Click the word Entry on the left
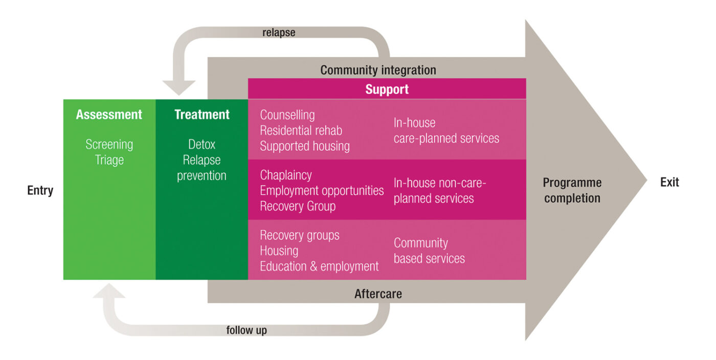[40, 191]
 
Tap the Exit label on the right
[669, 183]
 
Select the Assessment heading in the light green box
[109, 115]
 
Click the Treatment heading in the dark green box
[202, 115]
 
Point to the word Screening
[109, 145]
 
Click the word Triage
[109, 160]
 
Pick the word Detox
[202, 145]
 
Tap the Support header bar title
[387, 89]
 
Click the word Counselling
[287, 115]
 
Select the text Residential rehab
[301, 130]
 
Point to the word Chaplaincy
[285, 175]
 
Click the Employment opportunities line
[322, 191]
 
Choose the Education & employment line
[319, 266]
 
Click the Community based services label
[429, 251]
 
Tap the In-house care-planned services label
[446, 130]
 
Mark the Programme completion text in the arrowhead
[572, 190]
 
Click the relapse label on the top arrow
[279, 33]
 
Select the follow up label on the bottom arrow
[247, 330]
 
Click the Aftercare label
[378, 294]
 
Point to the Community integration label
[378, 70]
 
